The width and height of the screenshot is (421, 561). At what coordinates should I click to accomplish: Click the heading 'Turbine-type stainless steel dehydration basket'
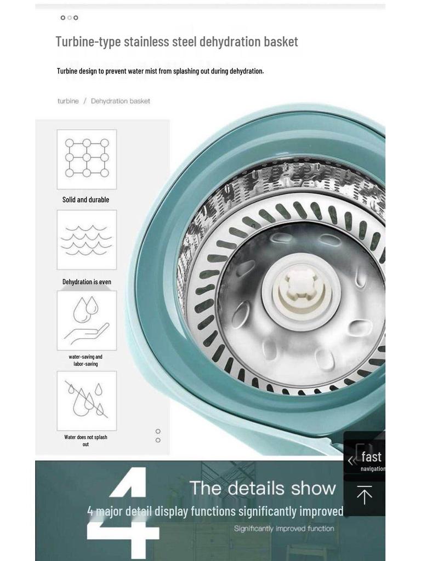coord(177,42)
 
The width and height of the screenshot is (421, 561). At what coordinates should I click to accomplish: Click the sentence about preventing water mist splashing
coord(161,71)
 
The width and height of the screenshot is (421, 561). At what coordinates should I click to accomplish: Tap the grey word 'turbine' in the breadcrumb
coord(68,101)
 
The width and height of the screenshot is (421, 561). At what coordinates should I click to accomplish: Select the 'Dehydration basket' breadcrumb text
coord(120,101)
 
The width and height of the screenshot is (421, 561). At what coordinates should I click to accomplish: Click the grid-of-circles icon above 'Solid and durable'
coord(87,158)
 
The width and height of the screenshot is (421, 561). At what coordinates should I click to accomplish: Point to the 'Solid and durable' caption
coord(86,199)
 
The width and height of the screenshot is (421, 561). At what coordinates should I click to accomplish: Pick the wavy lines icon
coord(86,240)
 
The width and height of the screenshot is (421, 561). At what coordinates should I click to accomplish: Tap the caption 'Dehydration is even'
coord(87,282)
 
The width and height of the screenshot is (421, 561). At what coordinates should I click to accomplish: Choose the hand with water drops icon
coord(87,319)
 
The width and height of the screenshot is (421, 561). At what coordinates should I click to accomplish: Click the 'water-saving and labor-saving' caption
coord(86,360)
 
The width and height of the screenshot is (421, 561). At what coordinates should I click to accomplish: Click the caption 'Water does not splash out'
coord(86,441)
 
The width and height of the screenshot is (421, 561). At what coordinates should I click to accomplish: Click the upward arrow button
coord(365,495)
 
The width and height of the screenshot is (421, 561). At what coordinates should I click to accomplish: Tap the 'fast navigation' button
coord(365,460)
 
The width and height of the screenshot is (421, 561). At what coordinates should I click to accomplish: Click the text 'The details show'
coord(263,488)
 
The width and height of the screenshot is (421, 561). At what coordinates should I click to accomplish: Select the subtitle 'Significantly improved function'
coord(284,529)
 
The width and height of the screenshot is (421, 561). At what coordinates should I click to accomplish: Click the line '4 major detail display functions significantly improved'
coord(215,511)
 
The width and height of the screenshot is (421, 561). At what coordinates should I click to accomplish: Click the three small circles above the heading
coord(69,18)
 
